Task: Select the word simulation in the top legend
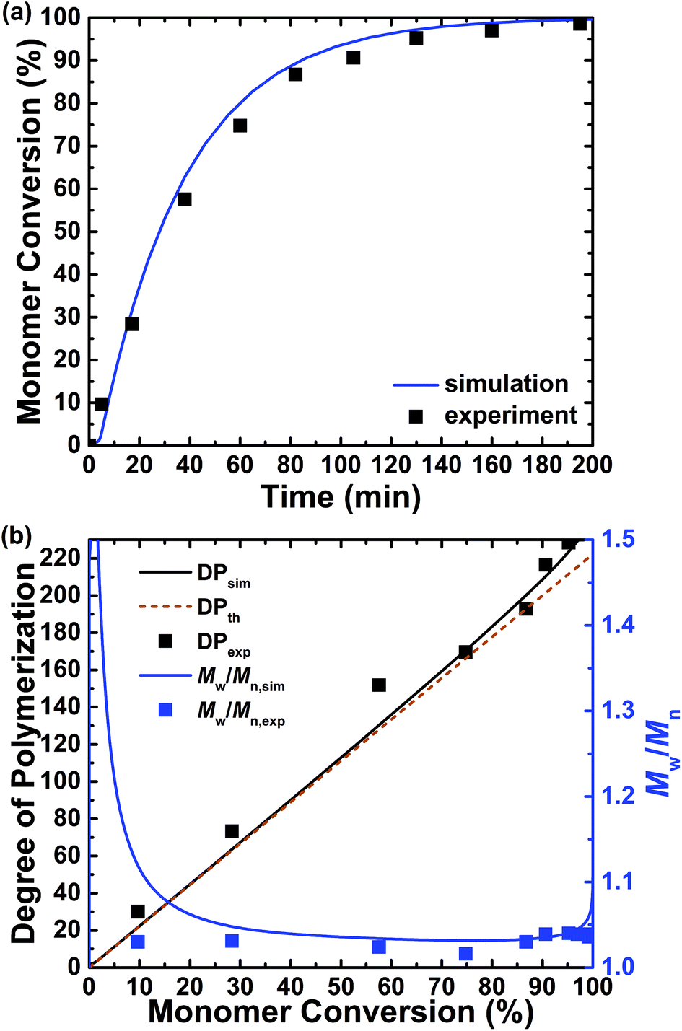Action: coord(506,384)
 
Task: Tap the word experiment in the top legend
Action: coord(510,416)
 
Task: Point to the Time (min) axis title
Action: coord(341,497)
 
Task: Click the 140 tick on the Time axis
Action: coord(440,465)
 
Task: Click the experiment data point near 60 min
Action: coord(240,126)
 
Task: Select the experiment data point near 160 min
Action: coord(491,30)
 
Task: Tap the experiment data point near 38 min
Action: coord(184,199)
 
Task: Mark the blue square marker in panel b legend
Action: coord(166,710)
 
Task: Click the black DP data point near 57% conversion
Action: coord(379,685)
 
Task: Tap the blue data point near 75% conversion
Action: coord(465,954)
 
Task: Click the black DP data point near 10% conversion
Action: coord(138,911)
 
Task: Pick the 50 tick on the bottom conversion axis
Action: coord(341,986)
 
